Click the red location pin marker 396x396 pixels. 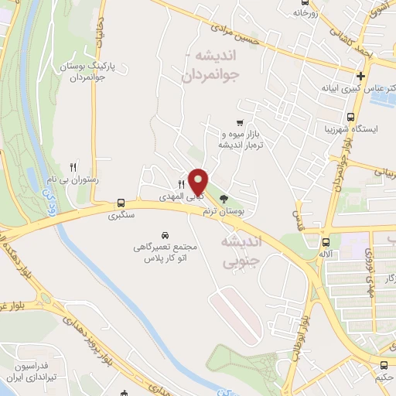pos(199,182)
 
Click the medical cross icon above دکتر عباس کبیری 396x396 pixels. pos(360,76)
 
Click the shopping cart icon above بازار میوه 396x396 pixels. pos(241,121)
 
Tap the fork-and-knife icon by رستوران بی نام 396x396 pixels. pos(73,166)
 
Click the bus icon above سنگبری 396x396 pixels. pos(121,200)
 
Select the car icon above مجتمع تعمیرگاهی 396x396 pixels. pos(165,234)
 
